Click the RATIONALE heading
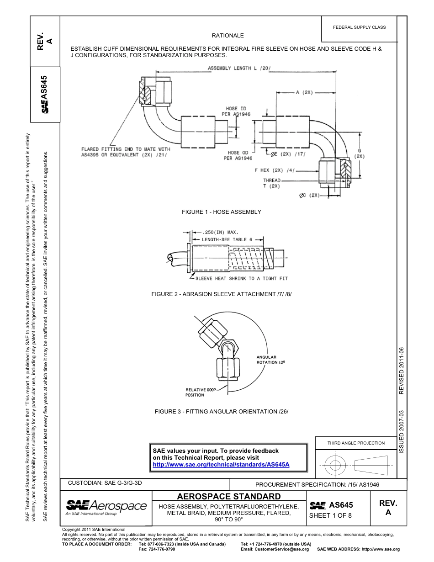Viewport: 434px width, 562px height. pos(228,36)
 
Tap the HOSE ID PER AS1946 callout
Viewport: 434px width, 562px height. pos(238,111)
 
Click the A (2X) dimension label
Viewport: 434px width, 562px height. pos(304,92)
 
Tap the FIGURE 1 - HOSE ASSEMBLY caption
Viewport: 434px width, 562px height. pos(221,212)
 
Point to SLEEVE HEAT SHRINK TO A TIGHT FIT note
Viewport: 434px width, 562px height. pos(241,278)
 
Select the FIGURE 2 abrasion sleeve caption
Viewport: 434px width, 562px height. pos(221,294)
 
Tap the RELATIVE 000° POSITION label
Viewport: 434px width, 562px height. pos(200,392)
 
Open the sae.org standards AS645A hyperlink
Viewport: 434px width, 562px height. pos(221,464)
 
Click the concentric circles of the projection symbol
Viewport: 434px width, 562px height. pos(335,465)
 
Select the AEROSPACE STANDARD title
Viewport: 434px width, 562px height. pos(228,496)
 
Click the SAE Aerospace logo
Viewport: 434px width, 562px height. pos(106,507)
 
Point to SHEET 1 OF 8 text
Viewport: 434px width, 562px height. pos(330,516)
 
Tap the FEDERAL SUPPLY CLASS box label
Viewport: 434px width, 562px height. pos(359,27)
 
